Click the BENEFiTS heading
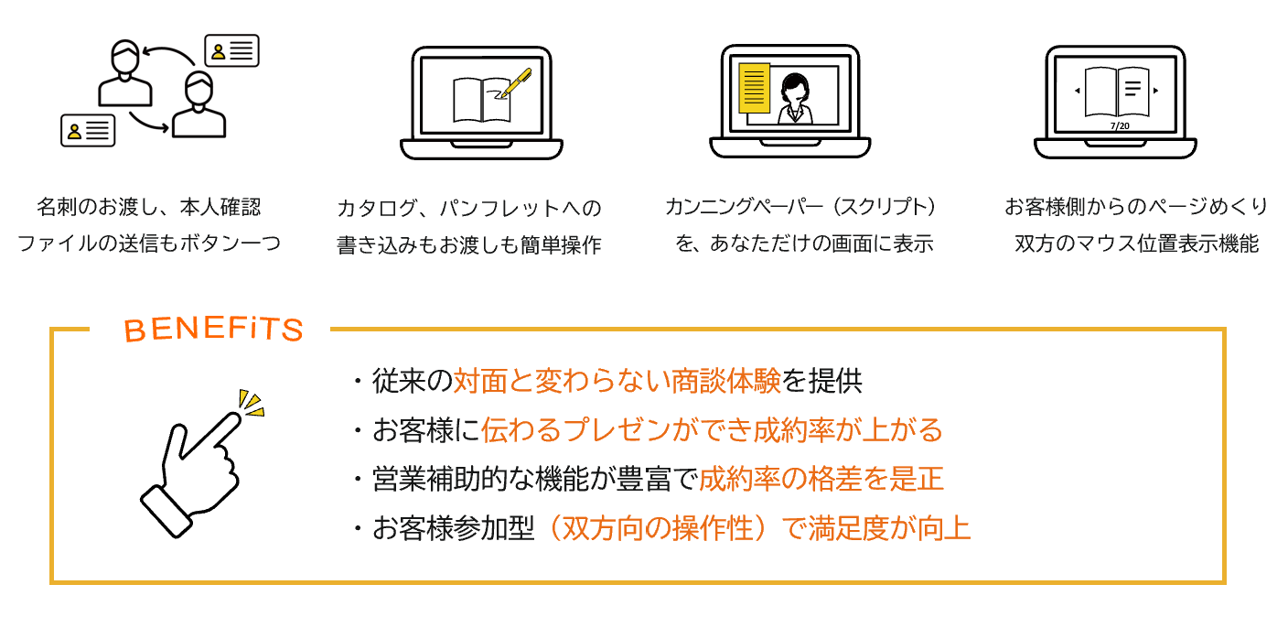pos(212,330)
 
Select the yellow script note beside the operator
pos(754,88)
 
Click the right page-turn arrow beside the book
pos(1156,91)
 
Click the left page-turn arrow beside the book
pos(1078,91)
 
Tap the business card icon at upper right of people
pos(231,51)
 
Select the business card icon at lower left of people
pos(88,130)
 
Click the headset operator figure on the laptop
pos(794,98)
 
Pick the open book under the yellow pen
pos(481,99)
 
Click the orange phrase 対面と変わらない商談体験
pos(617,381)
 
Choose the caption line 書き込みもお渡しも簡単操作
pos(469,245)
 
